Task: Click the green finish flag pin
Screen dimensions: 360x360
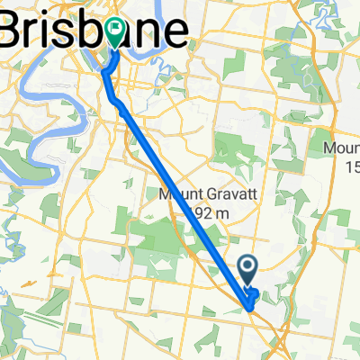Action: pos(116,32)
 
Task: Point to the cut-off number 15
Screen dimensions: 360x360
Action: pos(349,166)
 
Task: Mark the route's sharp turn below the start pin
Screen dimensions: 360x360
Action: pos(248,307)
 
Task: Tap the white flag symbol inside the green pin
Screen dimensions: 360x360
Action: pos(116,29)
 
